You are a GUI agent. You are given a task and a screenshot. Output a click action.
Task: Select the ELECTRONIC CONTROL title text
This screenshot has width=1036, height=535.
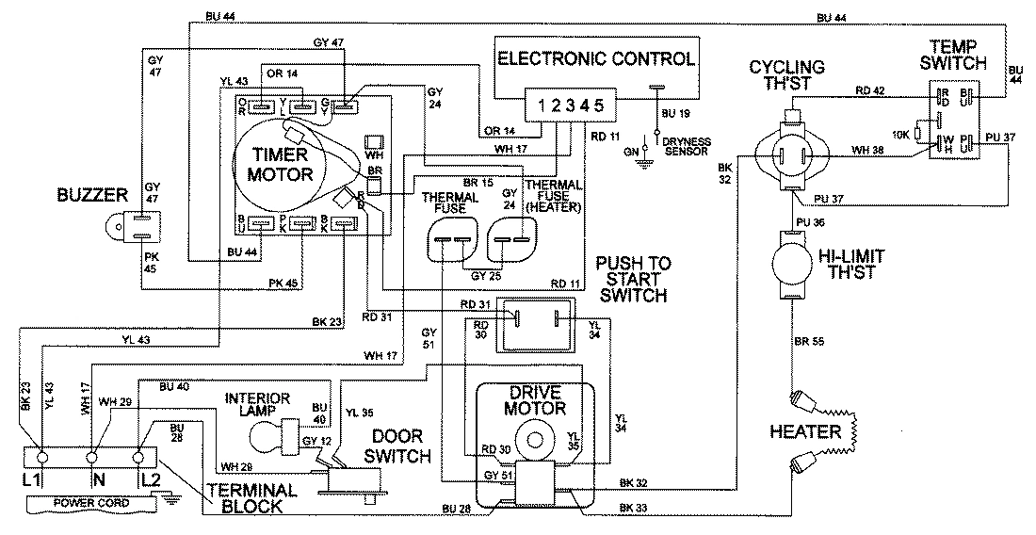click(596, 58)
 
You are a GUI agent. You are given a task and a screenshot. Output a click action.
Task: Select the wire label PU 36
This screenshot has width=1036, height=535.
click(810, 222)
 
